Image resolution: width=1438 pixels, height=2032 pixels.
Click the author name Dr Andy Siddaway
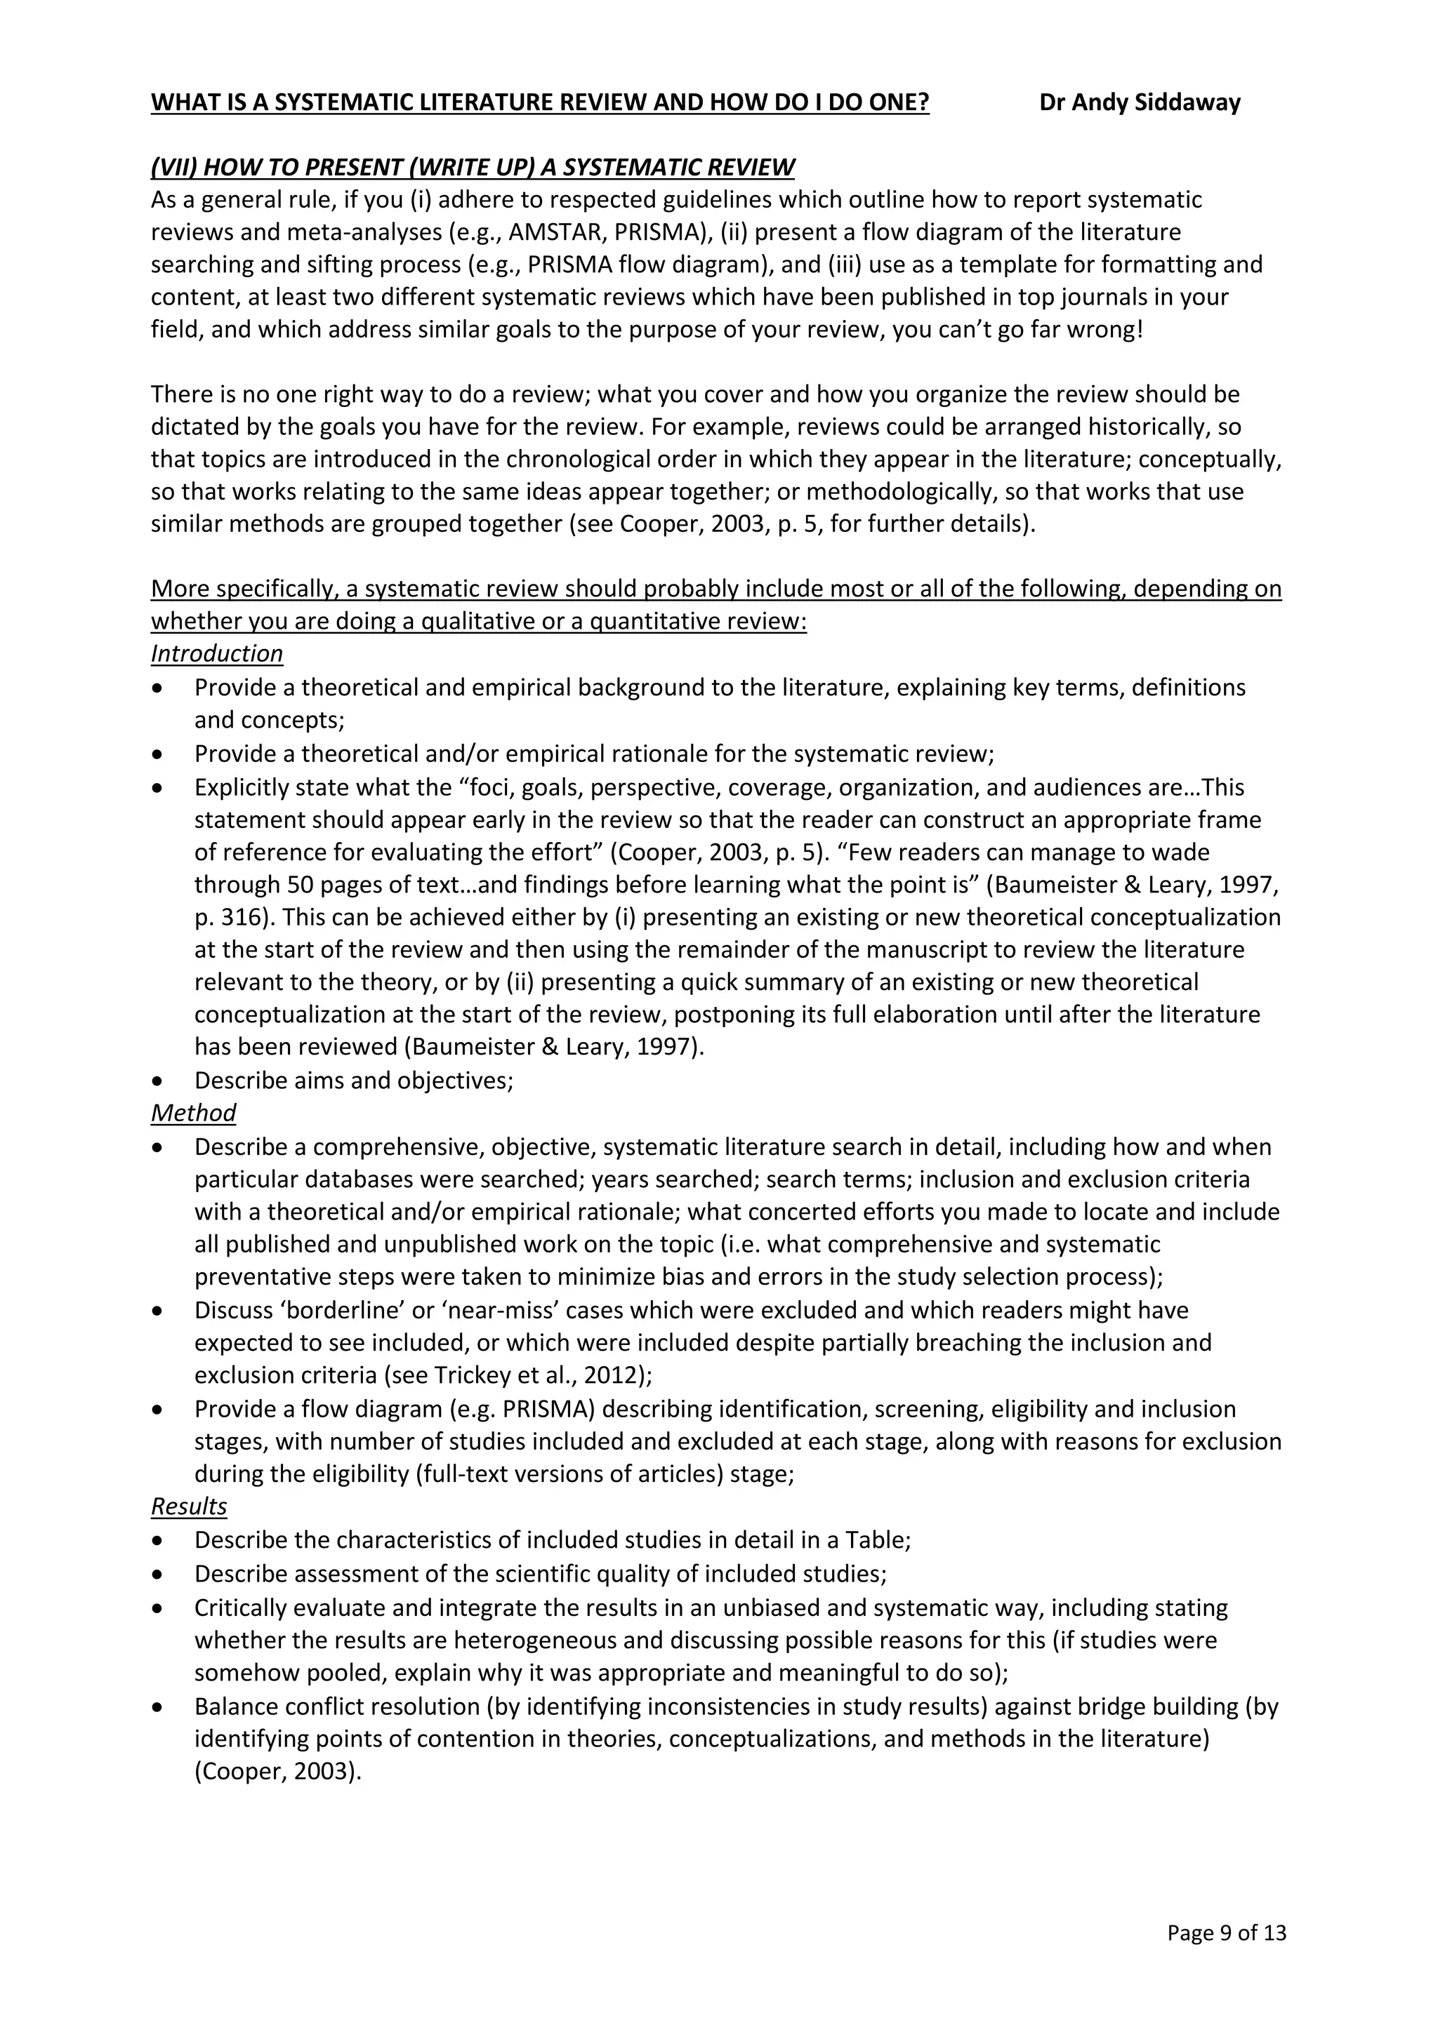click(x=1139, y=102)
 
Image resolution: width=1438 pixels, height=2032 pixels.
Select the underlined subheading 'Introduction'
click(x=216, y=654)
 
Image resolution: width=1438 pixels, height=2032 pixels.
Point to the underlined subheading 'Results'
click(x=189, y=1506)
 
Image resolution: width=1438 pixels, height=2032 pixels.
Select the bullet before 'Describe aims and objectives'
click(x=157, y=1081)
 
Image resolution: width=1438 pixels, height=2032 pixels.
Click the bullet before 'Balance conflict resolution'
click(x=157, y=1707)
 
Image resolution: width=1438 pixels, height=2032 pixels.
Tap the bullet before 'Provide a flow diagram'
click(x=157, y=1409)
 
